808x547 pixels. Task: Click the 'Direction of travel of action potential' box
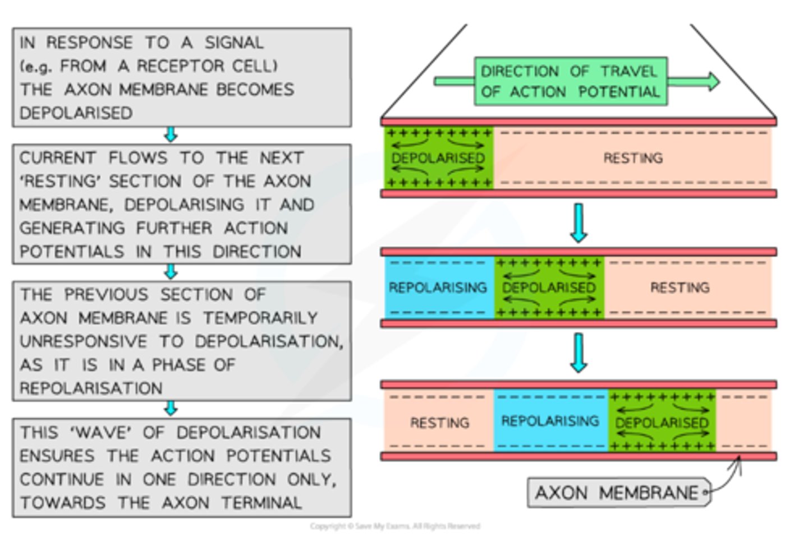coord(570,81)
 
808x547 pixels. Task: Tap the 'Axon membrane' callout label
coord(617,493)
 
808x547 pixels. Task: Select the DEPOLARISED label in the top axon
coord(438,158)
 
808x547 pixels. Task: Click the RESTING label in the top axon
coord(633,158)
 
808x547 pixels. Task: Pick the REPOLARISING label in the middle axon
coord(438,288)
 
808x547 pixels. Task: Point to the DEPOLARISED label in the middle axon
coord(549,288)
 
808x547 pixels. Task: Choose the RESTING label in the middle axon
coord(680,288)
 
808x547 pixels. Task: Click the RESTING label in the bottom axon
coord(439,423)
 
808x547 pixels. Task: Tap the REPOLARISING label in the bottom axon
coord(550,421)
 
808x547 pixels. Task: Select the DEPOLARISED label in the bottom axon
coord(662,423)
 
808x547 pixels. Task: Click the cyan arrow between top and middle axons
coord(579,222)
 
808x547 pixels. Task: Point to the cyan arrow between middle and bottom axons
coord(579,353)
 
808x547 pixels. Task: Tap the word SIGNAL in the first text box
coord(233,43)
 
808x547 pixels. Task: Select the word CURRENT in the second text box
coord(57,158)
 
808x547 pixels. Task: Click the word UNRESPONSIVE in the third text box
coord(84,341)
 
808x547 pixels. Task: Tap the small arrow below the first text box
coord(171,135)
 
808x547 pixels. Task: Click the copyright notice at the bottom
coord(395,526)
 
